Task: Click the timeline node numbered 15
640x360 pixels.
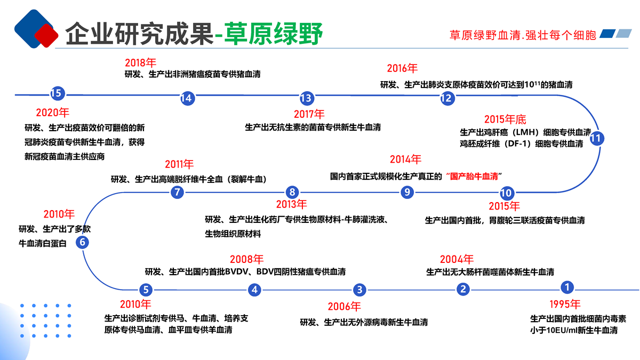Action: click(57, 94)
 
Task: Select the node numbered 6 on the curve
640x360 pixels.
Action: click(82, 243)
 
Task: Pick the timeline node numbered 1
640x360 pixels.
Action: click(567, 287)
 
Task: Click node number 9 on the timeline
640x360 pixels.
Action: click(407, 192)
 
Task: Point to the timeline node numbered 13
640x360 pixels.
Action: click(306, 98)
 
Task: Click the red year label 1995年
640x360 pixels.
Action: click(564, 305)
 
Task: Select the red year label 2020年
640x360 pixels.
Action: click(53, 113)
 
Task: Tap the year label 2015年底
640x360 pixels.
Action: click(505, 119)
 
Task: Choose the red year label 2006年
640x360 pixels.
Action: click(345, 307)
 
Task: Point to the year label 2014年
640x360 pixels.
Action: click(405, 159)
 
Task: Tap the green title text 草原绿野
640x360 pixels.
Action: click(273, 34)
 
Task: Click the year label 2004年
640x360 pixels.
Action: click(457, 260)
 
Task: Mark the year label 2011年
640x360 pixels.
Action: click(179, 164)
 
